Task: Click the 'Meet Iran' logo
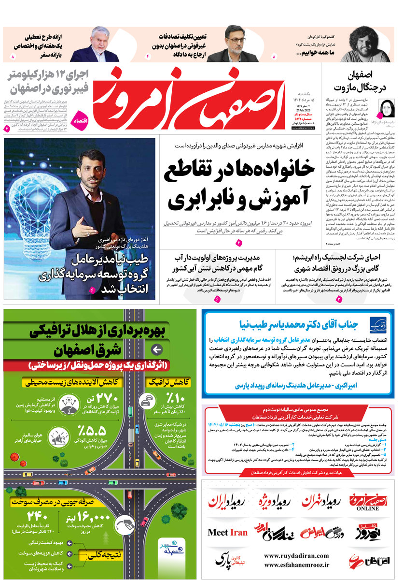(227, 533)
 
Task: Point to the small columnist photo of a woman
(388, 107)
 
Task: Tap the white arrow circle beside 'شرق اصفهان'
(156, 350)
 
